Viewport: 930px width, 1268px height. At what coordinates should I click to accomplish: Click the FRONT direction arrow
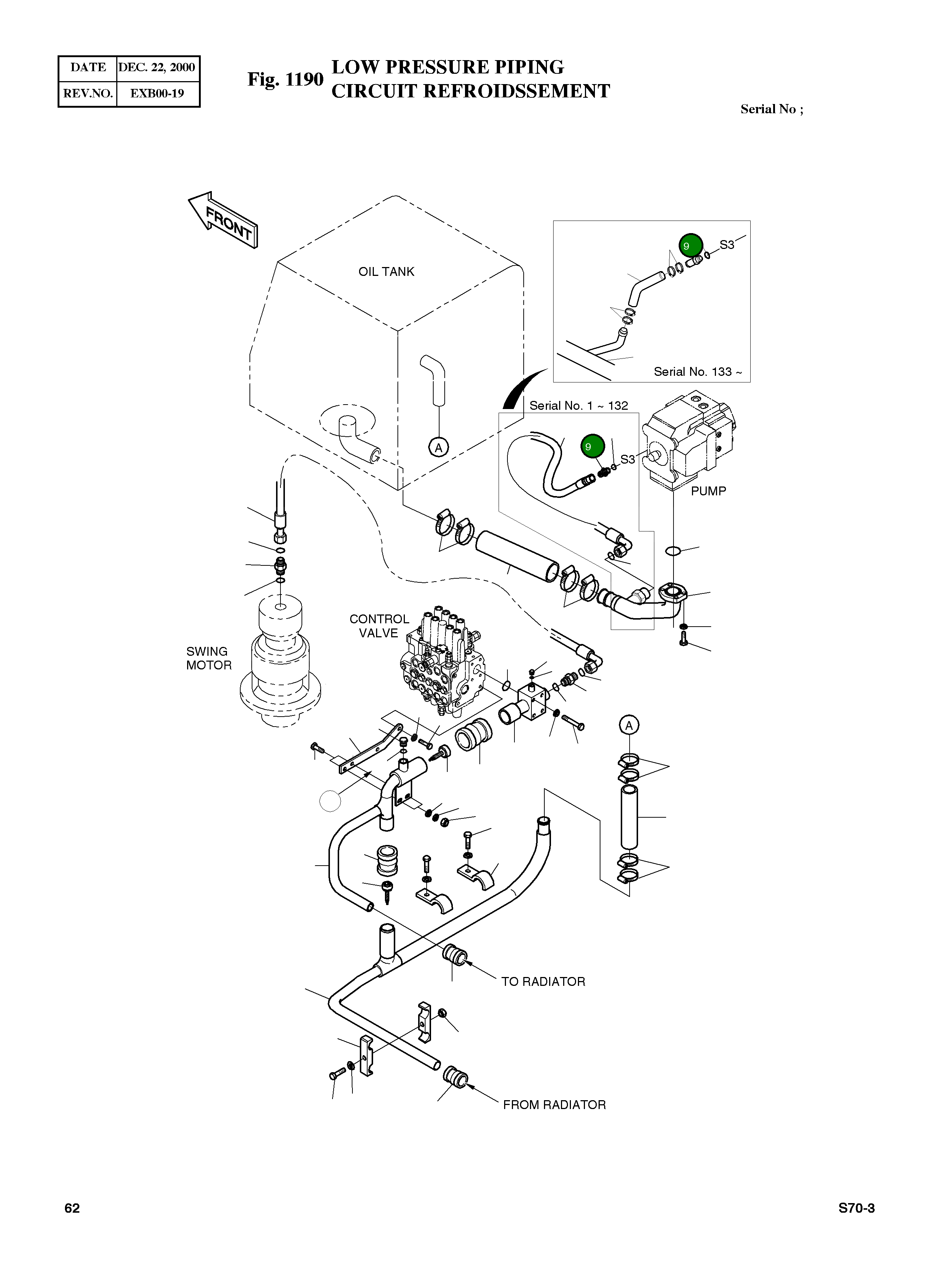click(x=224, y=221)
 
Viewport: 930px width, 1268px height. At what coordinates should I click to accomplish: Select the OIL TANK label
click(x=386, y=272)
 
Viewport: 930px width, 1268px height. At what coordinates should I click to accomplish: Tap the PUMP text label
click(x=708, y=491)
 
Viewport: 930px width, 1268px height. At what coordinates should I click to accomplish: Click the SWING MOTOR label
click(x=209, y=658)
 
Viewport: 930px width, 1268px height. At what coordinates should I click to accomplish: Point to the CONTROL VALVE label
click(x=379, y=626)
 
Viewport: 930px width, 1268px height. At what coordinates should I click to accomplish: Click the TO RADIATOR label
click(x=543, y=982)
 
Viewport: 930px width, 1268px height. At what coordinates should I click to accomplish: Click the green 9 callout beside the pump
click(x=592, y=447)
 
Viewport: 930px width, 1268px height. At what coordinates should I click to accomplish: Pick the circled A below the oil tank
click(x=438, y=447)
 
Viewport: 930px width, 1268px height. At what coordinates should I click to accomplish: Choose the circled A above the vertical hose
click(x=629, y=725)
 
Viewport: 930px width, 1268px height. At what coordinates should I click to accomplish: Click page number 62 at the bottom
click(x=72, y=1208)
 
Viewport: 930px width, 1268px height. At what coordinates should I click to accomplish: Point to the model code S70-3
click(x=856, y=1208)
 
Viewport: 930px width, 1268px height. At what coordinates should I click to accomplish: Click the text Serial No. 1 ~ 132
click(x=579, y=406)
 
